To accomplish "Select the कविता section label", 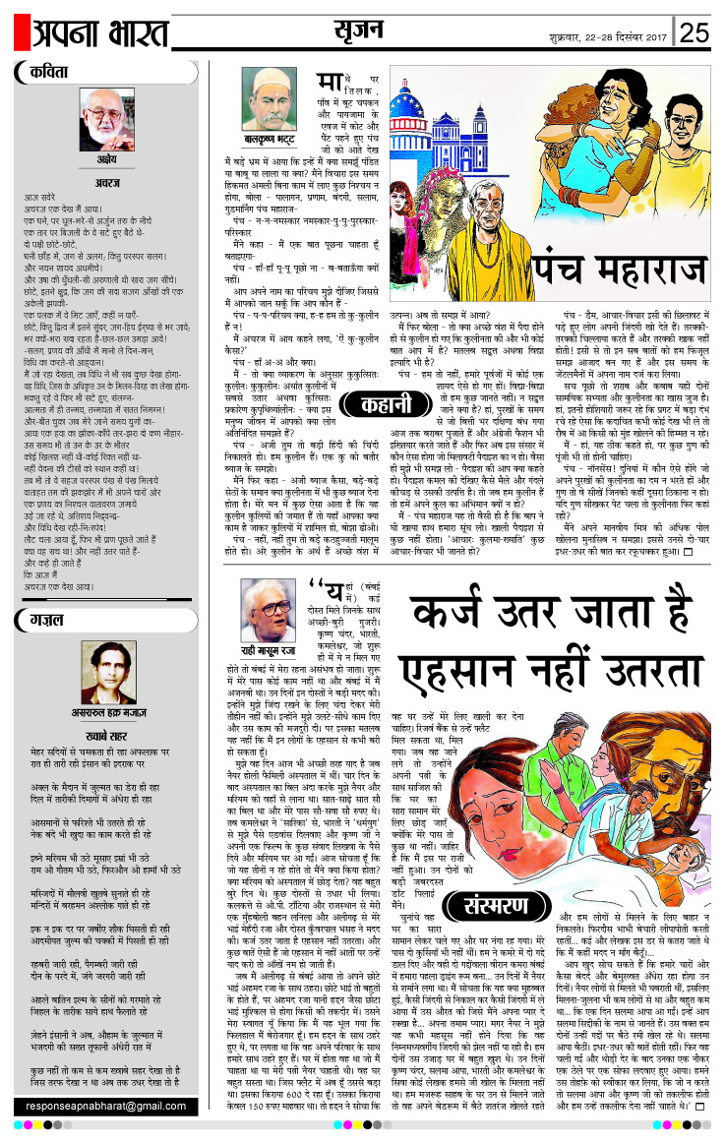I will pyautogui.click(x=47, y=73).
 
